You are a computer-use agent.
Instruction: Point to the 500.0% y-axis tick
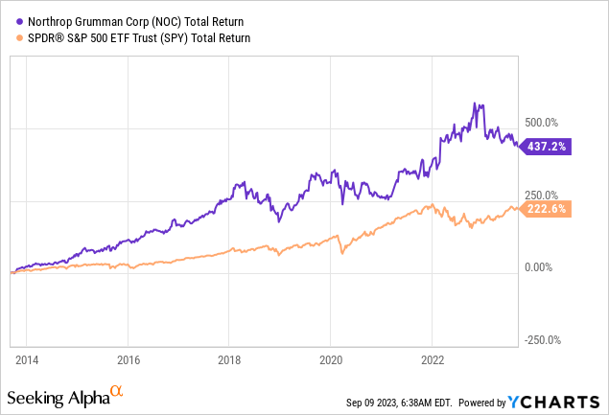pyautogui.click(x=541, y=122)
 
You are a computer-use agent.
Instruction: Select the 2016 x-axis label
pyautogui.click(x=128, y=361)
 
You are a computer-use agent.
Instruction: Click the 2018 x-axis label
pyautogui.click(x=229, y=361)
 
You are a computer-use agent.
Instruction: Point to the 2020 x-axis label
pyautogui.click(x=330, y=361)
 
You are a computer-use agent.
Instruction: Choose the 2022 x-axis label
pyautogui.click(x=432, y=361)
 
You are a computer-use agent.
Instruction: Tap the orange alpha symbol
pyautogui.click(x=117, y=391)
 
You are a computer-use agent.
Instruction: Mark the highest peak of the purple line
pyautogui.click(x=474, y=103)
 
